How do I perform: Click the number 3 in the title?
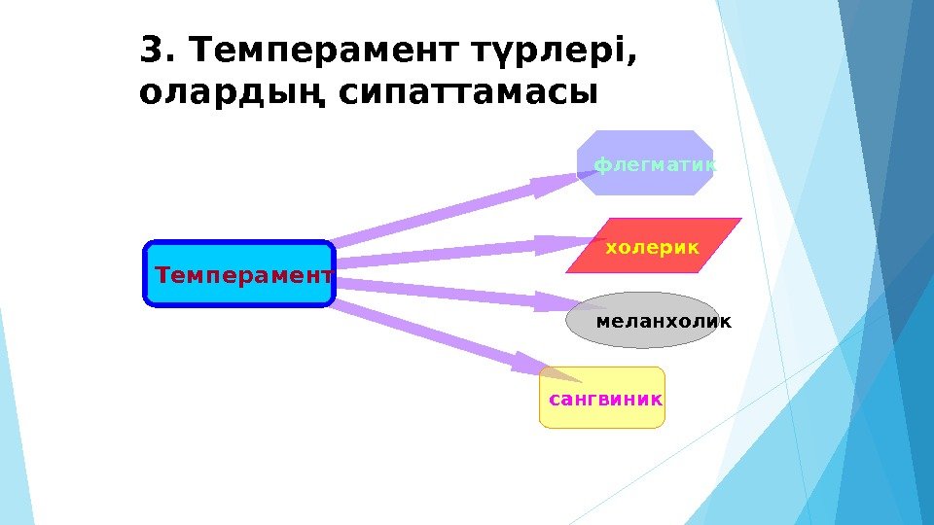[152, 48]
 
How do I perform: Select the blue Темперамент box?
[239, 274]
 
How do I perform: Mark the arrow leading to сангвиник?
[438, 336]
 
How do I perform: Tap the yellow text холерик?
[652, 248]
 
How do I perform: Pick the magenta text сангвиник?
[605, 399]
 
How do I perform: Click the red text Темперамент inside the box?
[243, 275]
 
